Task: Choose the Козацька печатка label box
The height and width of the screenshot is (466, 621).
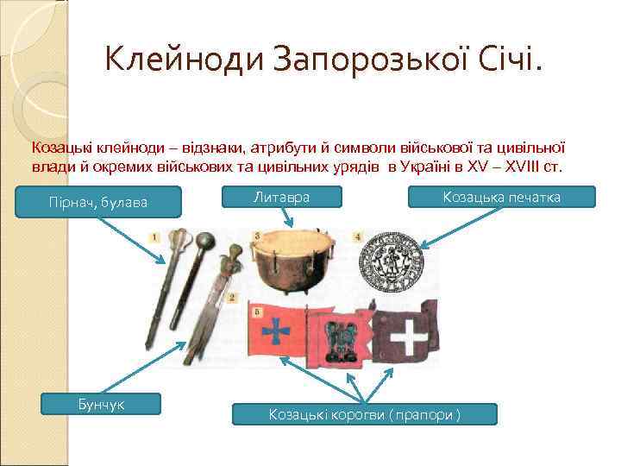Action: [x=501, y=198]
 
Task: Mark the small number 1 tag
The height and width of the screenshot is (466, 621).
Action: [x=154, y=236]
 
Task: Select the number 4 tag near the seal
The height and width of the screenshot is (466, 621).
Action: [x=358, y=236]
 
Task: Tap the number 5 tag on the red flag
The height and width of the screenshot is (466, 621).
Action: [x=257, y=310]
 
